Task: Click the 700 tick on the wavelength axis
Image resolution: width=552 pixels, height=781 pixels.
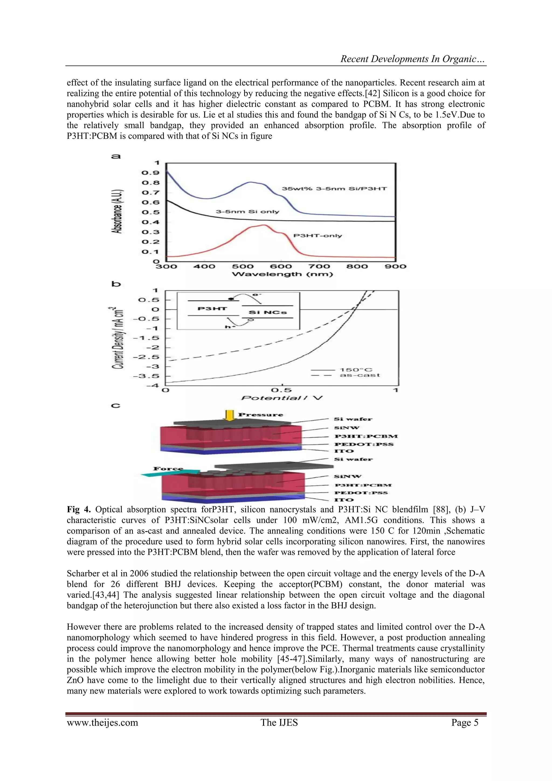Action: [x=319, y=266]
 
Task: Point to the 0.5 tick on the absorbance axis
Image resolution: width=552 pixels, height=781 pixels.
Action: [x=150, y=212]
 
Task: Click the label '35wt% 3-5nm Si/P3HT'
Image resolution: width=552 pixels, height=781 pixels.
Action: [x=334, y=189]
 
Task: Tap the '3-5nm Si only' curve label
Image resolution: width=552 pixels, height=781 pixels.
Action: [x=247, y=212]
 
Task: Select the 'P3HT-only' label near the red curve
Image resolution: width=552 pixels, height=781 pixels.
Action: [x=318, y=236]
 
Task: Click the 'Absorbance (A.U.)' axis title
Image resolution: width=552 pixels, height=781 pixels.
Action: [x=118, y=211]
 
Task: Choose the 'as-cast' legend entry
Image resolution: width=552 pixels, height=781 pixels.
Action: [x=360, y=375]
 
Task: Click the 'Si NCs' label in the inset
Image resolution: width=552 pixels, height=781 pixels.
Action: [x=268, y=312]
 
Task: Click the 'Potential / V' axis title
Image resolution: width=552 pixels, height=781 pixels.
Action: [x=282, y=398]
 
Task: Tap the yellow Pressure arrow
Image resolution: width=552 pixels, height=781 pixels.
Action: [x=230, y=415]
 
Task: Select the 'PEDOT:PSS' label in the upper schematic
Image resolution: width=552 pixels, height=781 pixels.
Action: [x=364, y=444]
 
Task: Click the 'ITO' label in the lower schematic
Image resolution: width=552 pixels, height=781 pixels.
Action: [x=344, y=500]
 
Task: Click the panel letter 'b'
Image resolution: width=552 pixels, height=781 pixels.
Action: [x=116, y=284]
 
